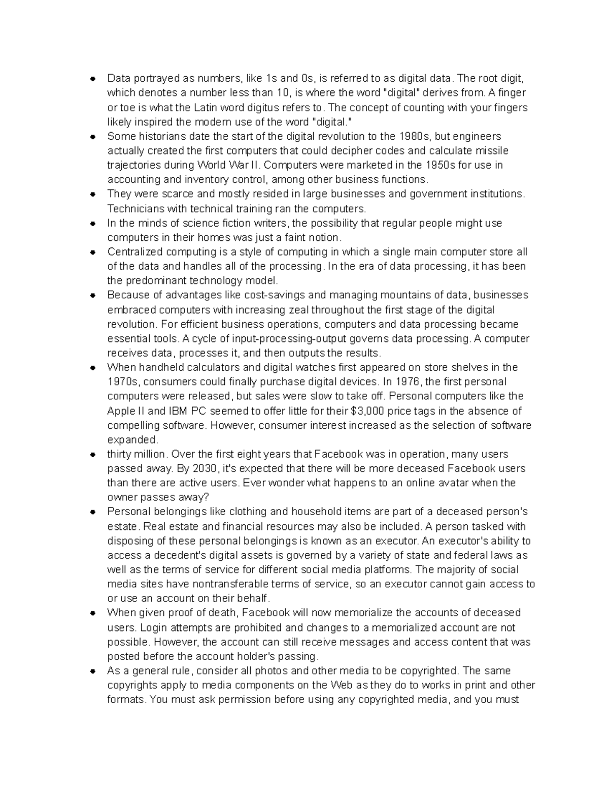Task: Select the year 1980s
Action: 413,136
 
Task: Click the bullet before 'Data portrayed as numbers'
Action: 92,79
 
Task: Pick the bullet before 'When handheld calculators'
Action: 92,367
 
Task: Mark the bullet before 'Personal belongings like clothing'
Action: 92,512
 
